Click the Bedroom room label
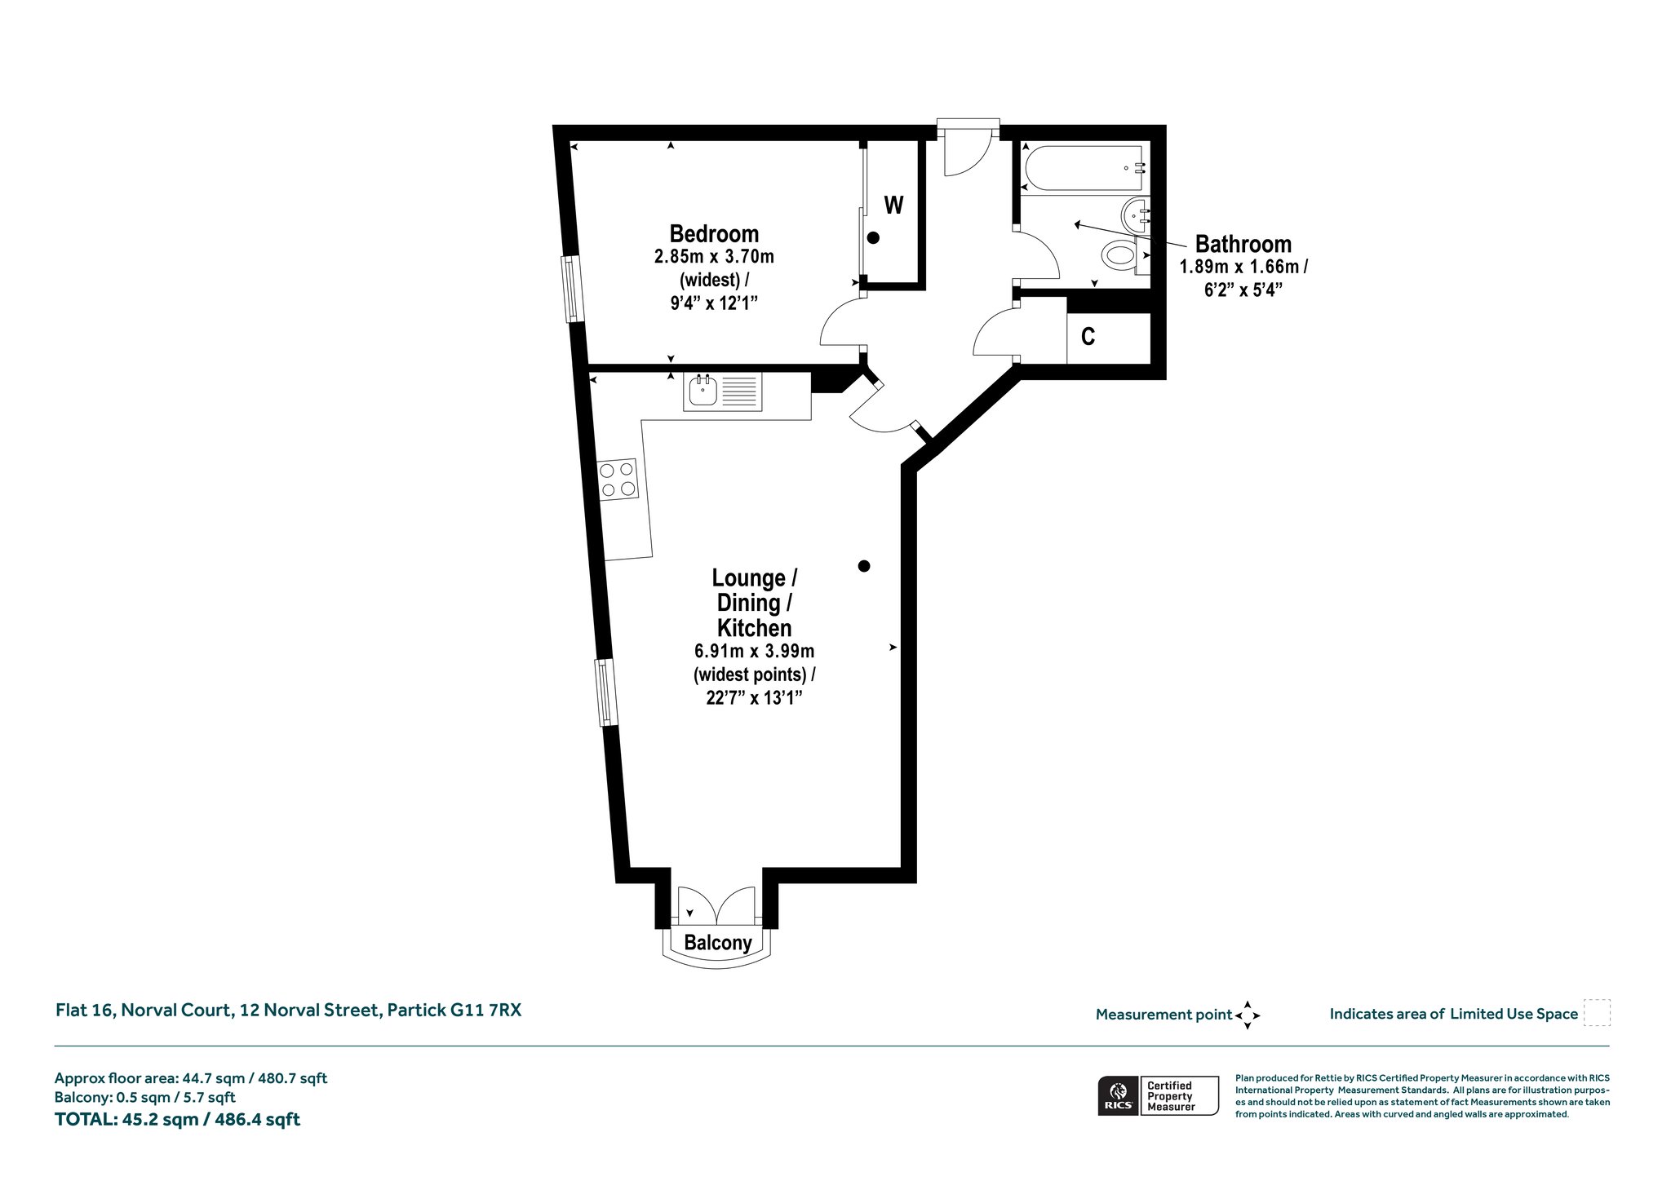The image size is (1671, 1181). click(x=714, y=234)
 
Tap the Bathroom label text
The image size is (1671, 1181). click(x=1243, y=244)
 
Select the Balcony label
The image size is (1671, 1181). click(x=718, y=943)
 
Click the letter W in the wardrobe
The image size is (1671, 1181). click(x=894, y=205)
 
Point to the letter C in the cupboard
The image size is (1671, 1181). click(x=1088, y=336)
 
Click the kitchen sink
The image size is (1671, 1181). click(x=723, y=392)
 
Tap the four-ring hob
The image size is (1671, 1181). click(x=618, y=480)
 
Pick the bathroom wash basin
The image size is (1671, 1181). click(x=1137, y=215)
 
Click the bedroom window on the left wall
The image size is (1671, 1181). click(x=573, y=289)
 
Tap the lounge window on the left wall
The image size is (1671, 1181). click(x=605, y=692)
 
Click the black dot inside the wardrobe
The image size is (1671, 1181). click(x=873, y=238)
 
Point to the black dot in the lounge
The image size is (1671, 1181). click(x=864, y=566)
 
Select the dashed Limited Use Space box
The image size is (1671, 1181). click(x=1597, y=1012)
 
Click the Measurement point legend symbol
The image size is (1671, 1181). click(x=1248, y=1015)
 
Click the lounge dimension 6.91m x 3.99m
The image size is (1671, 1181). click(x=755, y=652)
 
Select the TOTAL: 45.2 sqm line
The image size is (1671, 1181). click(x=177, y=1120)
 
